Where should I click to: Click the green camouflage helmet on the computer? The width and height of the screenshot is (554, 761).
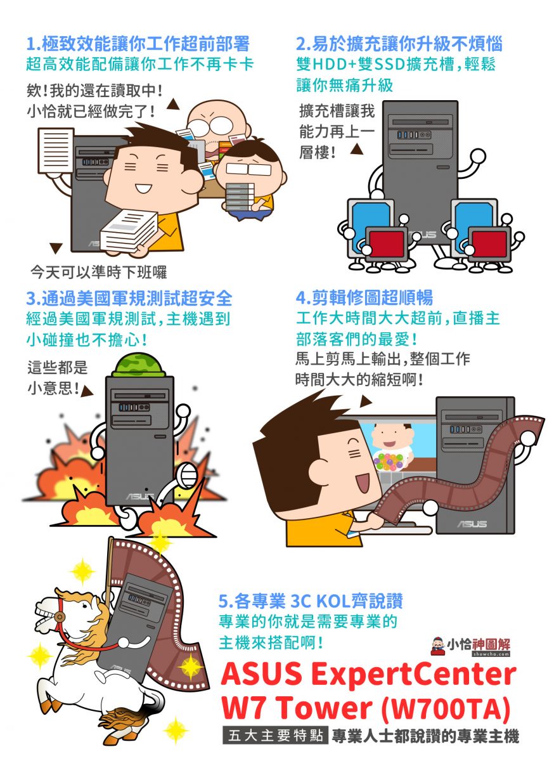click(138, 365)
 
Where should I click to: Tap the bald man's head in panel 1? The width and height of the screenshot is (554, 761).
click(217, 120)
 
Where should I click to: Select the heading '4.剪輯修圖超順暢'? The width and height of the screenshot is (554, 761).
click(364, 297)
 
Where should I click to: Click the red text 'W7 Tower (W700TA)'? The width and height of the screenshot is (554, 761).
click(366, 707)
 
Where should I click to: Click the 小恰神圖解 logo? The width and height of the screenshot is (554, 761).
click(470, 646)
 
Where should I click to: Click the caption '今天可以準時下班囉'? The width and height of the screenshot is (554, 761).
click(98, 272)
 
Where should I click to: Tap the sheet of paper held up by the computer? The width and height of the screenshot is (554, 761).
click(56, 150)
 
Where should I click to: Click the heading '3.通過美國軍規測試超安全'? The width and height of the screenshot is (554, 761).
click(129, 298)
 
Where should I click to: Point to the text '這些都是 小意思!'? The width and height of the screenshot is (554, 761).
click(57, 378)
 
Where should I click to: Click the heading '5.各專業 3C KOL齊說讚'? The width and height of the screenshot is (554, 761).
click(311, 601)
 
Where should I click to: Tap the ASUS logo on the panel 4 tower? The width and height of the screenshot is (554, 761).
click(472, 524)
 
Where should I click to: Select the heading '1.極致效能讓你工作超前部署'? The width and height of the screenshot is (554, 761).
click(138, 44)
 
